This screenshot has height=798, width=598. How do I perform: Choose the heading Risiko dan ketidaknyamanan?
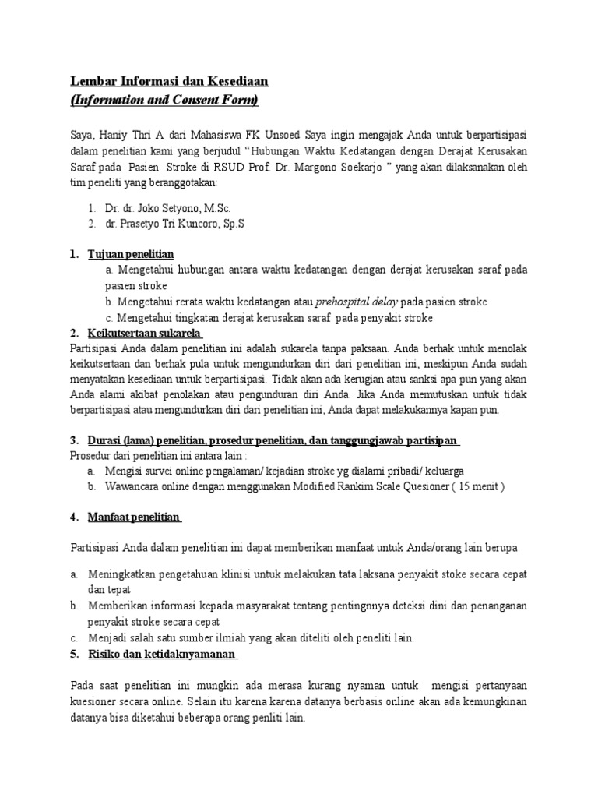tap(163, 654)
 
